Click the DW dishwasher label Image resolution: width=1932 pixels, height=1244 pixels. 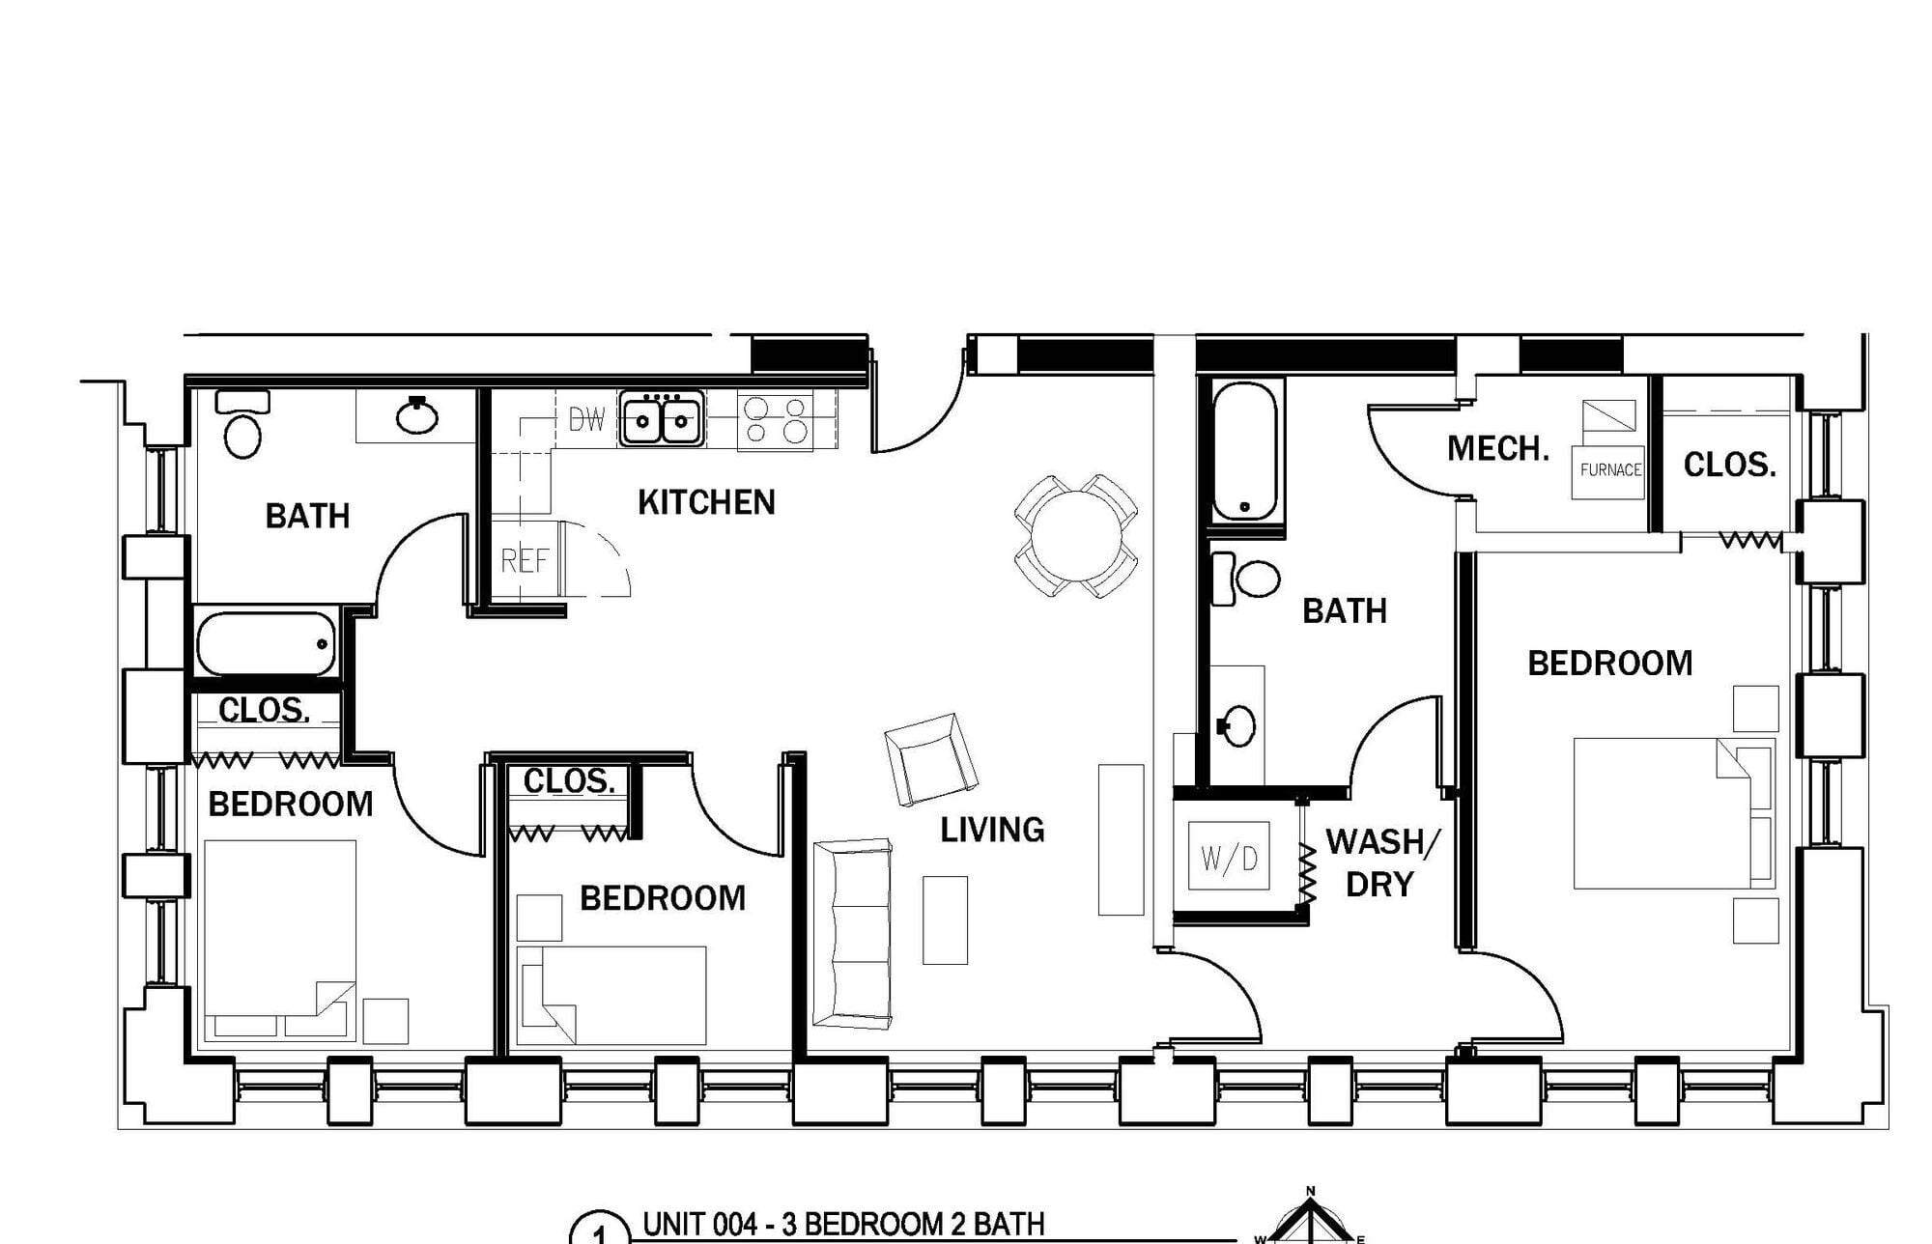coord(586,419)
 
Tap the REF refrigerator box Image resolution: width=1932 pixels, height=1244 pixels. coord(526,560)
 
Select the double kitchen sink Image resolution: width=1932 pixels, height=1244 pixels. coord(662,418)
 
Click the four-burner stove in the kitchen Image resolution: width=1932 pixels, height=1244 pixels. coord(776,420)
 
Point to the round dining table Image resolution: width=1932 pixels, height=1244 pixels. coord(1075,536)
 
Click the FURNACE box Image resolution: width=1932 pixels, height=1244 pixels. coord(1608,471)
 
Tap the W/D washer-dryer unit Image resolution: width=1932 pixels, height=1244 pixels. coord(1230,858)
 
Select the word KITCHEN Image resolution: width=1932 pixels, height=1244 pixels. coord(706,502)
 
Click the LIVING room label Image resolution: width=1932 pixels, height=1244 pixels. coord(993,830)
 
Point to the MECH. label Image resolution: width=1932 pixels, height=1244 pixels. coord(1498,448)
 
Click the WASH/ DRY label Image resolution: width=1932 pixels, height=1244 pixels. coord(1382,862)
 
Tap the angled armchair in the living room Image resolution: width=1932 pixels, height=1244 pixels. coord(930,759)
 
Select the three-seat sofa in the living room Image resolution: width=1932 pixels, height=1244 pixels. coord(852,933)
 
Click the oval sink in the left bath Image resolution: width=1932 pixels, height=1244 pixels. coord(417,415)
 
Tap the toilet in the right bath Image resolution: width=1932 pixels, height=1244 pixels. coord(1246,579)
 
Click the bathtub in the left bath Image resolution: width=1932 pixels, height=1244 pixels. coord(267,644)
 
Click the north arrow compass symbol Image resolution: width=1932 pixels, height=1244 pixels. coord(1311,1219)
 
